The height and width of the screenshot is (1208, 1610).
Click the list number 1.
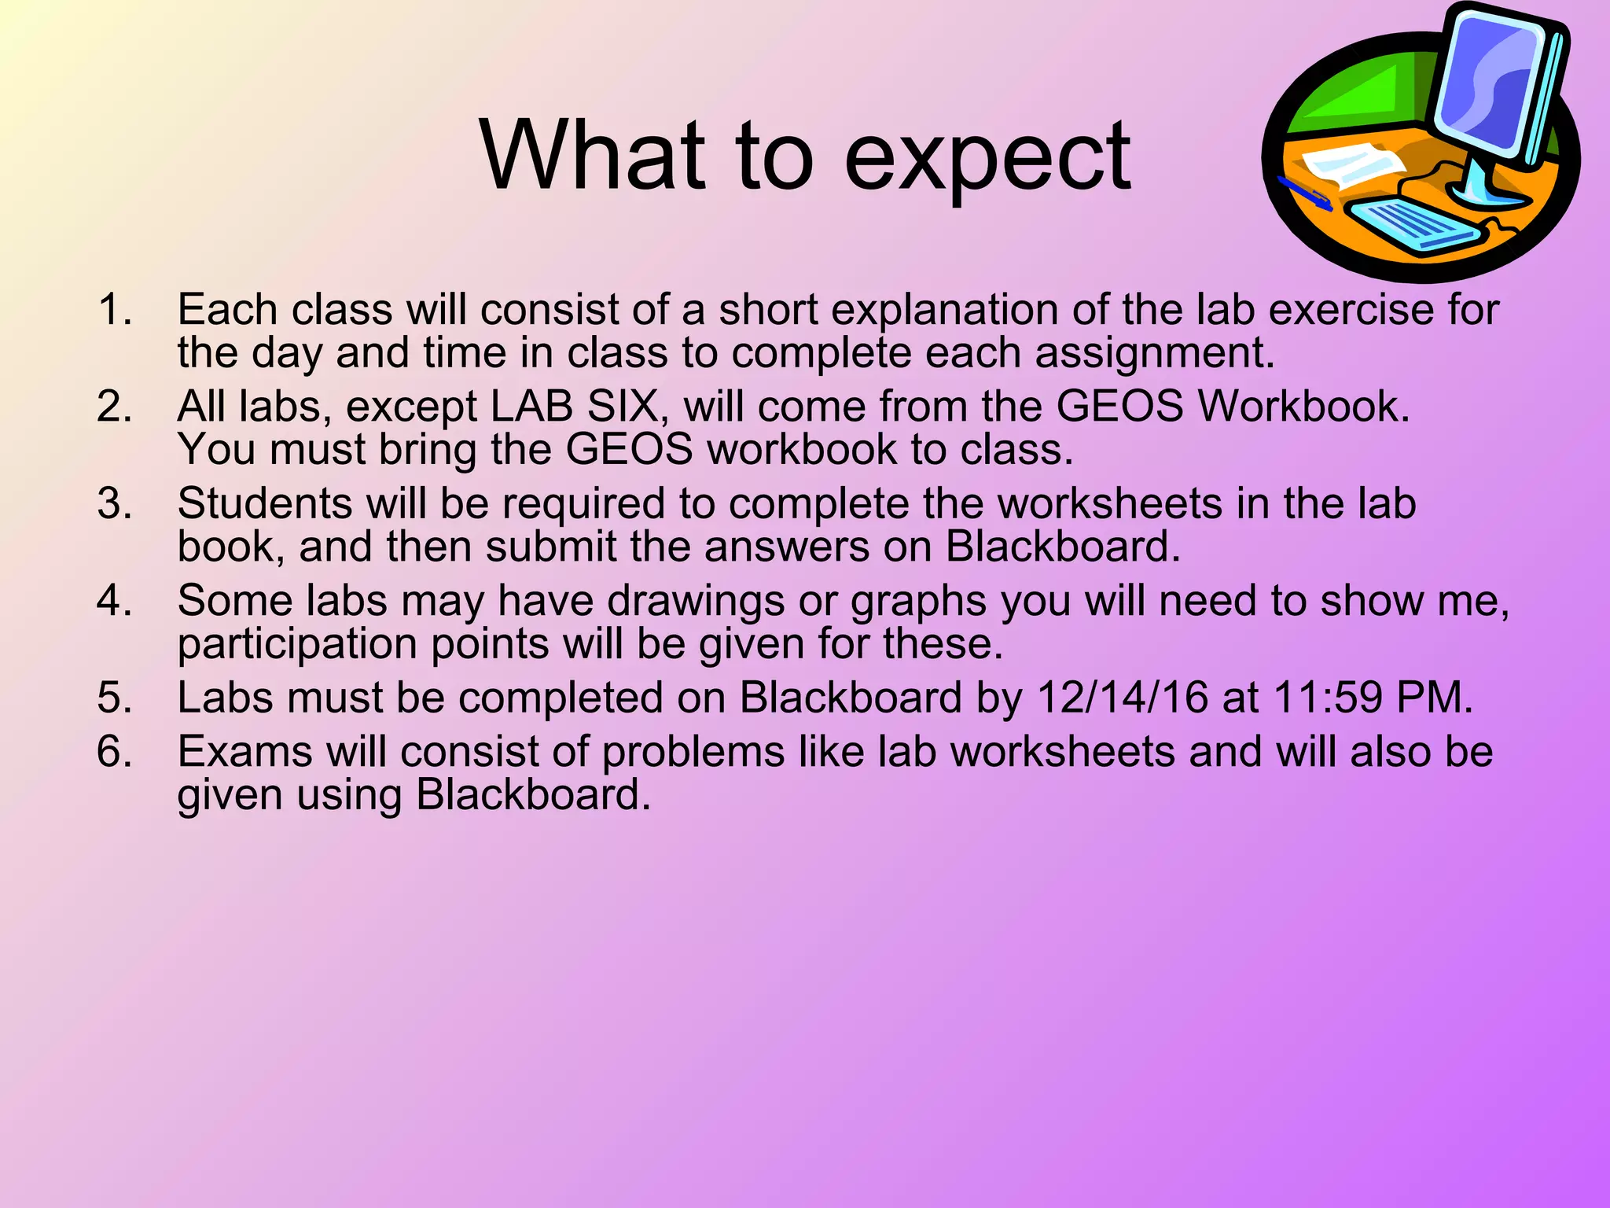point(114,309)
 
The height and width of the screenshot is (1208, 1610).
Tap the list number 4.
point(114,600)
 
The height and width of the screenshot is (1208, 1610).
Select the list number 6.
point(114,751)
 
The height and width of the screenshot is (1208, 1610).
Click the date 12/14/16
point(1122,698)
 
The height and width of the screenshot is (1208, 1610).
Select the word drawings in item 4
point(696,602)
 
